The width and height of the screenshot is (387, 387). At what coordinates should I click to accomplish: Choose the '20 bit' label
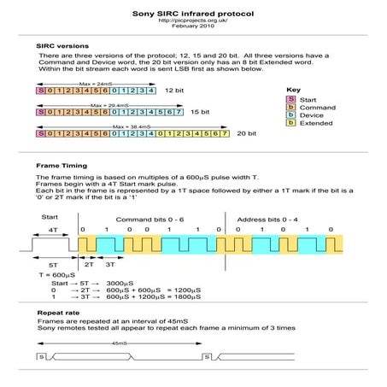[247, 134]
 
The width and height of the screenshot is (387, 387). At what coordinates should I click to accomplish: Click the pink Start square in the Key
[291, 99]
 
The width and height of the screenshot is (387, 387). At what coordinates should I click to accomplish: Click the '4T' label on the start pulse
[54, 231]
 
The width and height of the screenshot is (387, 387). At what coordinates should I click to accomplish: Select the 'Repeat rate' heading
[56, 314]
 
